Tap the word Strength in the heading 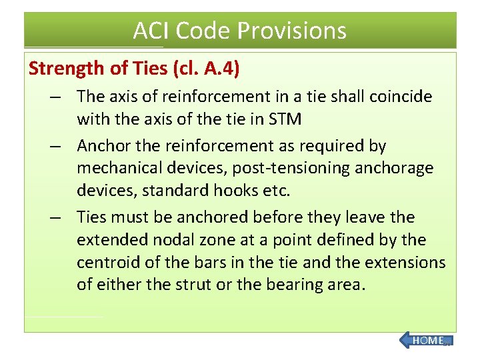click(x=62, y=68)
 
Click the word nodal click(x=165, y=239)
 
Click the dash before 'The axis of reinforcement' click(x=59, y=97)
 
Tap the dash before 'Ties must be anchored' click(x=59, y=217)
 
